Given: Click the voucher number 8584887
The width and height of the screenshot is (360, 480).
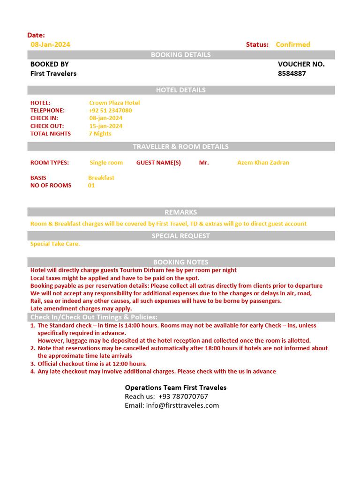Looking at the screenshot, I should tap(292, 74).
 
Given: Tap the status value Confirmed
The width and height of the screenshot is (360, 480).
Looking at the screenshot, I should tap(292, 45).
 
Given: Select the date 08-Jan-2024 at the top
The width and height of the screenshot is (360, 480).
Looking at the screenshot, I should tap(50, 45).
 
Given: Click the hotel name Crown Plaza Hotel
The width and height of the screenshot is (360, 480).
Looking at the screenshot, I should tap(114, 103).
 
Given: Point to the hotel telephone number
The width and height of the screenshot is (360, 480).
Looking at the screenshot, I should tap(110, 111).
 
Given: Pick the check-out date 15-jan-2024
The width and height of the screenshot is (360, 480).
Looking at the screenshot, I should tap(106, 126).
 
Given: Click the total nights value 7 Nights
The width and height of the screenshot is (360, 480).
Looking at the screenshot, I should tap(100, 134).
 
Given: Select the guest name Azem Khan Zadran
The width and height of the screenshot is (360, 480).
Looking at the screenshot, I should tap(263, 163).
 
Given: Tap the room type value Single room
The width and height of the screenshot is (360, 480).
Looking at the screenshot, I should tap(106, 163).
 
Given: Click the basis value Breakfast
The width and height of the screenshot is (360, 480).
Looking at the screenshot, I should tap(101, 178).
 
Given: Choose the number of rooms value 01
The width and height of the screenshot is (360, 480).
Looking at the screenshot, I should tap(91, 185).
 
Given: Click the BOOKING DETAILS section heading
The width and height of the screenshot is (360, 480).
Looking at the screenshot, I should tap(180, 55).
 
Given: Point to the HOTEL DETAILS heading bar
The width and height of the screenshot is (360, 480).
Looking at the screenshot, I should tap(180, 90).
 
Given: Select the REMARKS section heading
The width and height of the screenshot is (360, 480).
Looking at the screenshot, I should tap(180, 212).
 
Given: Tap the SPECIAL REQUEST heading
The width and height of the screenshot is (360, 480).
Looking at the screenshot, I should tap(180, 236).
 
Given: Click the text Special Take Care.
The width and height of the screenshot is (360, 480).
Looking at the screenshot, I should tap(55, 244).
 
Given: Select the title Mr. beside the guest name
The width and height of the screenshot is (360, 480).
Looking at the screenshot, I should tap(204, 163).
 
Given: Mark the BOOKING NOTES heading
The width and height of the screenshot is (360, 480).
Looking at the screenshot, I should tap(180, 262).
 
